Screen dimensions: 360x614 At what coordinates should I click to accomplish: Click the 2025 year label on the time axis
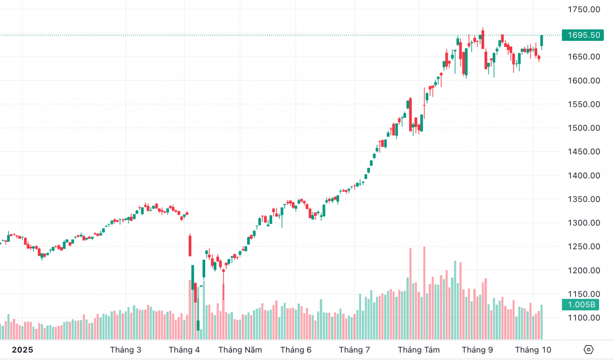[22, 350]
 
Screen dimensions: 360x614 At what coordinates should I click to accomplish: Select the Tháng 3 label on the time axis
[125, 350]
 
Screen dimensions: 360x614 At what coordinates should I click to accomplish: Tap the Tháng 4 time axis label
[184, 350]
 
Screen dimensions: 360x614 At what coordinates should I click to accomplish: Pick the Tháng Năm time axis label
[240, 350]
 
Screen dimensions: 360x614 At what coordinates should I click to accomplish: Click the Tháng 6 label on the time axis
[296, 350]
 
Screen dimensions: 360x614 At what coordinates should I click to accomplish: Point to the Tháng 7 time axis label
[354, 350]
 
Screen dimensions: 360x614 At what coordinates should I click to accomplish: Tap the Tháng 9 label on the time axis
[477, 350]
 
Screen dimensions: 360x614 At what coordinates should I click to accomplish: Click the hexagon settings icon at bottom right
[588, 350]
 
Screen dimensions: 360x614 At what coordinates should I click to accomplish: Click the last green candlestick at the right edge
[542, 40]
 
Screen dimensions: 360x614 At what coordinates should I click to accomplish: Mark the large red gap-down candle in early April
[190, 245]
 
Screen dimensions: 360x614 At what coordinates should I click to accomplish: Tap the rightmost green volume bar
[542, 322]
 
